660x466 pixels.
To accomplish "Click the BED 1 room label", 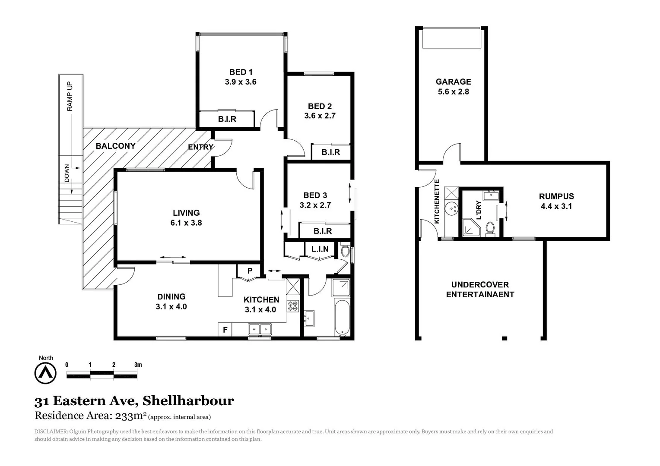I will [x=241, y=72].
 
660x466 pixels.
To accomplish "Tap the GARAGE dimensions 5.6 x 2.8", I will [x=453, y=91].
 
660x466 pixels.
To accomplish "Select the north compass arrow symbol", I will [x=45, y=372].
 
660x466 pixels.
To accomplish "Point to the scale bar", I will [x=102, y=375].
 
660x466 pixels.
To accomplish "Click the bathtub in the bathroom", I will [x=342, y=318].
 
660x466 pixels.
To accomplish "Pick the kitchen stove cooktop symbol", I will [x=293, y=306].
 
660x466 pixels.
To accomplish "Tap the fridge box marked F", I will [x=225, y=330].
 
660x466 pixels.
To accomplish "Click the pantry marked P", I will [x=249, y=271].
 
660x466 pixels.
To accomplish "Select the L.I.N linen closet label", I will [x=320, y=249].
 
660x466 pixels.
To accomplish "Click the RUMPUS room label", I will [x=556, y=196].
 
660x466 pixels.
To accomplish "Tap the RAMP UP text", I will [x=70, y=97].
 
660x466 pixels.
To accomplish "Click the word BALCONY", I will [x=115, y=146].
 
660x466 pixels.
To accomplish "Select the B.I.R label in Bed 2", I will [x=330, y=152].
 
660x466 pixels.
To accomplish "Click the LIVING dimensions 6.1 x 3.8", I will [x=186, y=223].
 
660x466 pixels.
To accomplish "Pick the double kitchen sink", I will [x=260, y=330].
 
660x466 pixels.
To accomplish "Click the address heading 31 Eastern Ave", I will [x=134, y=401].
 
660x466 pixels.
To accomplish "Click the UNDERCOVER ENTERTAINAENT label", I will [x=480, y=290].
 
